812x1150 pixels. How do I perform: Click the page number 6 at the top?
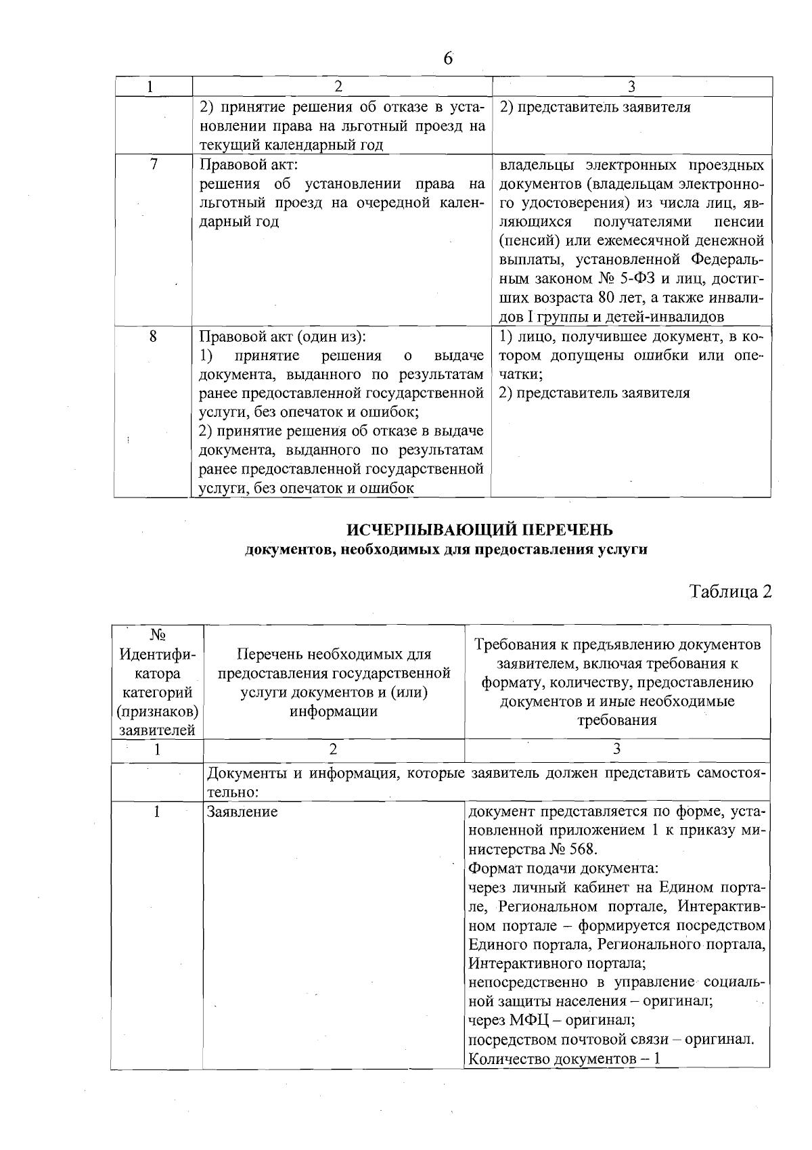click(448, 59)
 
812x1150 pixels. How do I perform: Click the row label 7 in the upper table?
click(154, 164)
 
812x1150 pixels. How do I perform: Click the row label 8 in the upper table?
click(154, 336)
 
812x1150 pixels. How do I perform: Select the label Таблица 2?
click(730, 591)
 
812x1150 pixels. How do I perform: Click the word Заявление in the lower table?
click(242, 812)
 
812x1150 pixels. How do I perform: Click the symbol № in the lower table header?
click(158, 636)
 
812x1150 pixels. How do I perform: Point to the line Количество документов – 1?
click(564, 1059)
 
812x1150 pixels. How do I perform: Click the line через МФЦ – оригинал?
click(551, 1020)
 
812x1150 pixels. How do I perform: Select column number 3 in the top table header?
click(631, 87)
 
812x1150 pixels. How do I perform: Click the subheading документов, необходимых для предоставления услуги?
click(446, 550)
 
